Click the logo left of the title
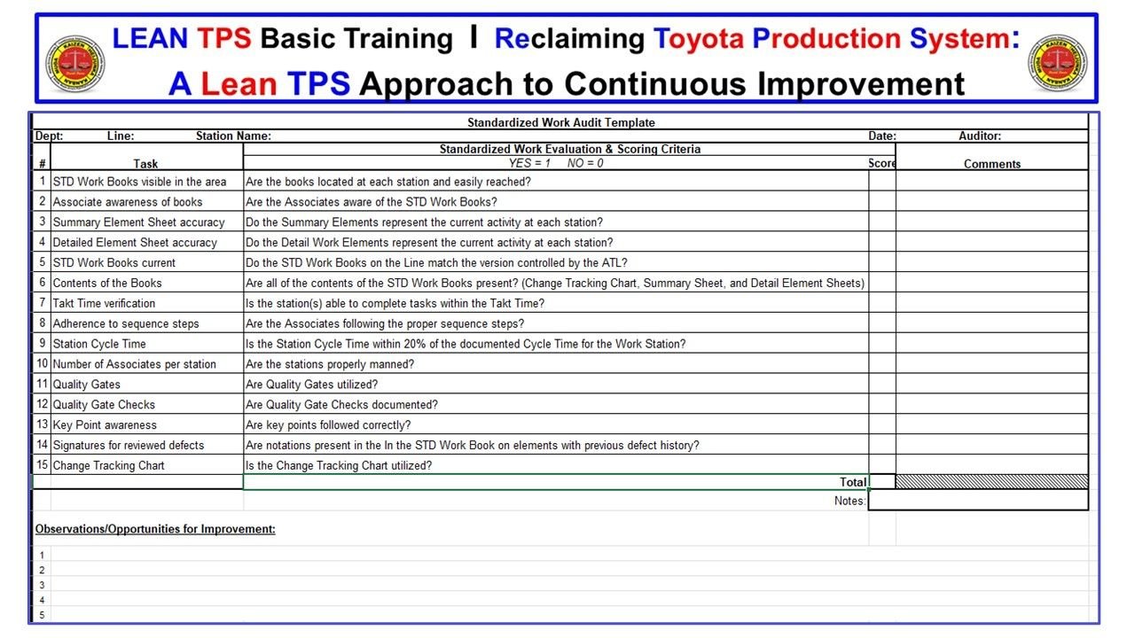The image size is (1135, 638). pyautogui.click(x=74, y=64)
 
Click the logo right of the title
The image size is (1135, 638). pyautogui.click(x=1057, y=64)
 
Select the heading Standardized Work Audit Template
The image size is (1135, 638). pyautogui.click(x=560, y=123)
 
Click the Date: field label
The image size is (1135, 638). pyautogui.click(x=881, y=136)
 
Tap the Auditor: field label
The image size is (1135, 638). pyautogui.click(x=980, y=136)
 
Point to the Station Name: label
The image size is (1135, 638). pyautogui.click(x=233, y=136)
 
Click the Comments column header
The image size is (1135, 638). pyautogui.click(x=992, y=164)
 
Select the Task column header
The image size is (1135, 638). pyautogui.click(x=145, y=164)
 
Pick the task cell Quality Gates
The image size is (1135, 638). pyautogui.click(x=86, y=385)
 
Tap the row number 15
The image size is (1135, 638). pyautogui.click(x=42, y=465)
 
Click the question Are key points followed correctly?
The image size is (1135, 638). pyautogui.click(x=328, y=425)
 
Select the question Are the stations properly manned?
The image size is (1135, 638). pyautogui.click(x=330, y=364)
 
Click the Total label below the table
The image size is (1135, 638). pyautogui.click(x=853, y=482)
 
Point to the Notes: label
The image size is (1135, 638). pyautogui.click(x=849, y=501)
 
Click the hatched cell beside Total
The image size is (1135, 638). pyautogui.click(x=991, y=482)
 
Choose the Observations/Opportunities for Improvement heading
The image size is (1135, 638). pyautogui.click(x=155, y=529)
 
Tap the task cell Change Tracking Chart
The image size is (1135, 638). pyautogui.click(x=108, y=465)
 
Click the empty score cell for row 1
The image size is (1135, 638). pyautogui.click(x=881, y=182)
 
